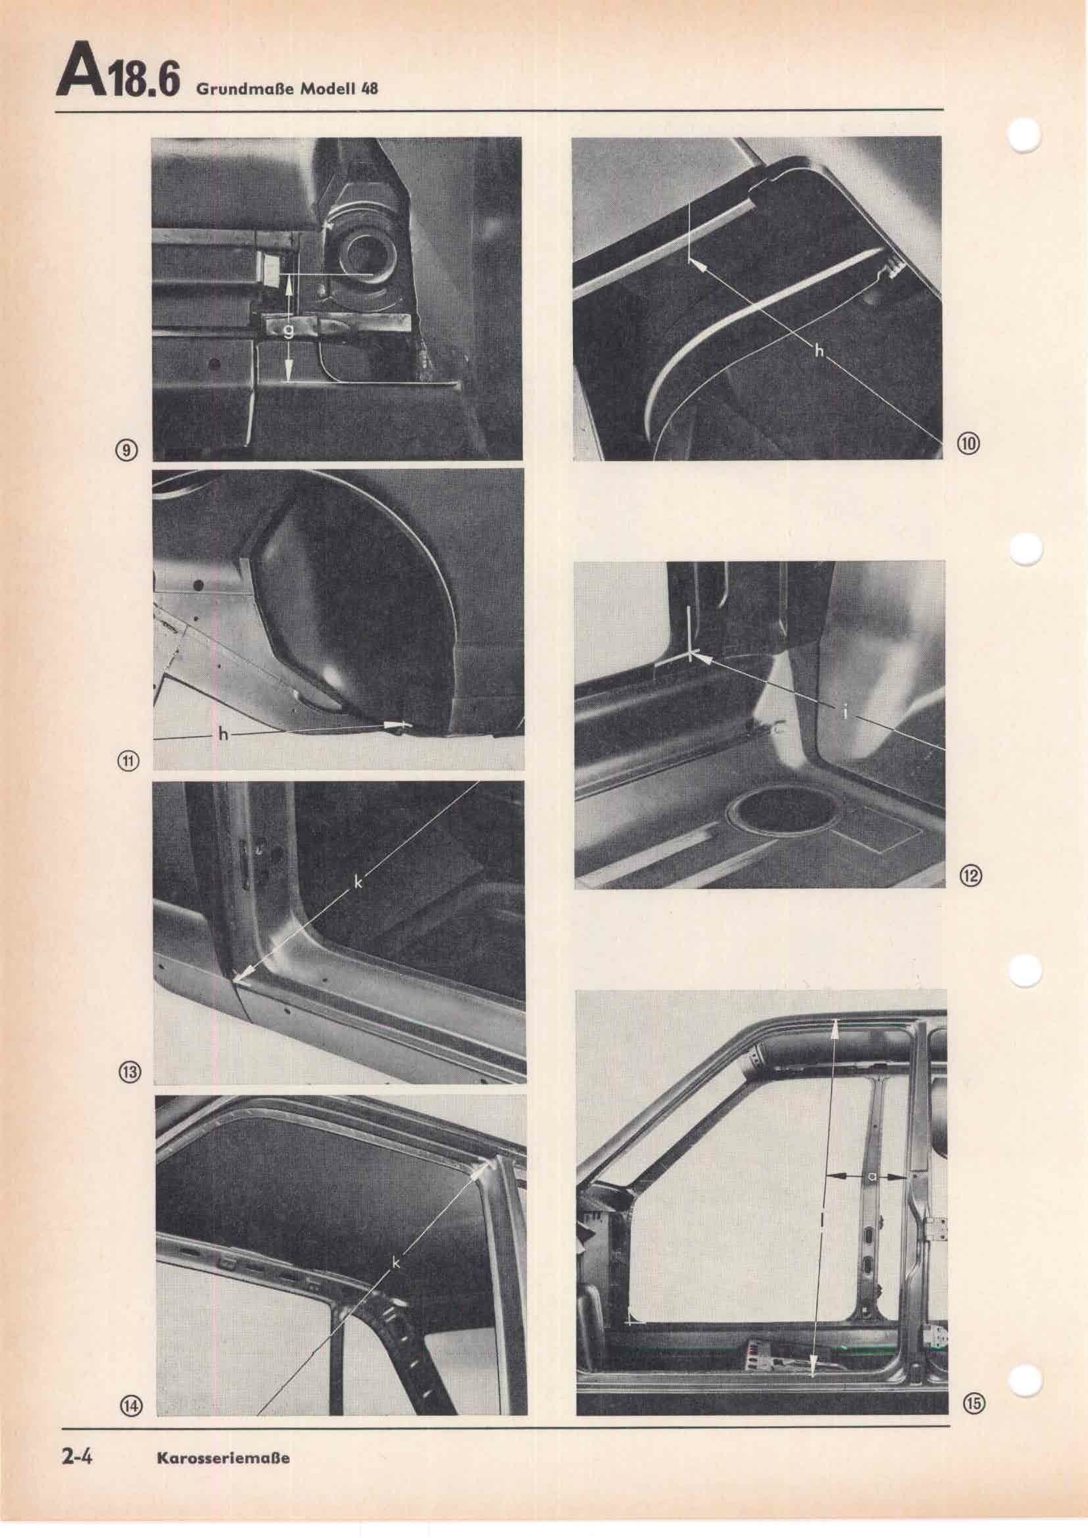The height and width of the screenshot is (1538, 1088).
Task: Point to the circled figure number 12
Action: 972,874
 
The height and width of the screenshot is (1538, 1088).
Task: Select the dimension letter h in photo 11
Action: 223,735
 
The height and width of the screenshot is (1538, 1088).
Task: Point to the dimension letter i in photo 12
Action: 845,713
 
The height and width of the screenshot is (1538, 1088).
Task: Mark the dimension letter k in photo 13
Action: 358,884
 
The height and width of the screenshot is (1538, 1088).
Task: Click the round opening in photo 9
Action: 362,255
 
